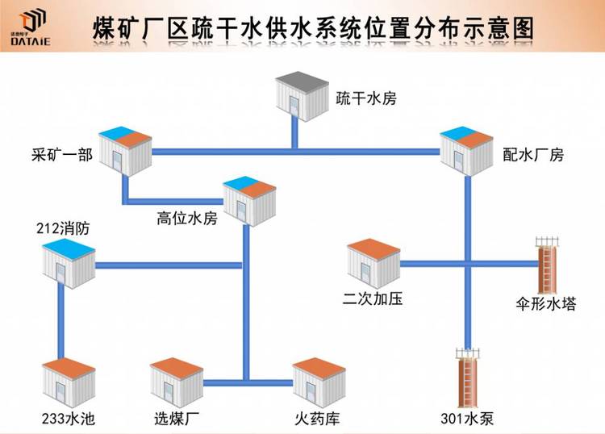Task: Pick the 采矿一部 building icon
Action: (124, 149)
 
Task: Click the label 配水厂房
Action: (532, 155)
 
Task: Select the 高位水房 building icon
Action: (249, 198)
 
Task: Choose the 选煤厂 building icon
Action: (177, 384)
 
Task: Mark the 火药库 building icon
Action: (319, 384)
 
